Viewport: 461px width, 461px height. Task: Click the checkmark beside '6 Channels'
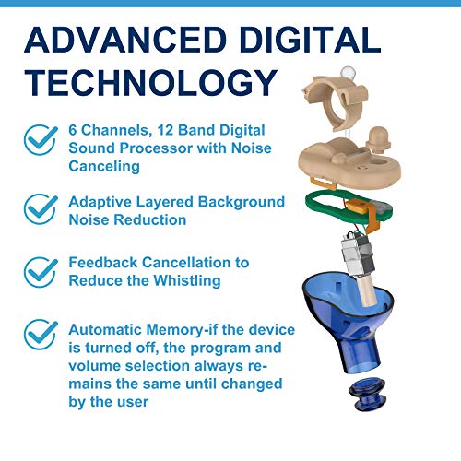40,140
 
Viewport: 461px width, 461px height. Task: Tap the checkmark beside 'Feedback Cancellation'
40,271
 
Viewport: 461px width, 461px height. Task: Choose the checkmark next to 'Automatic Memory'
40,335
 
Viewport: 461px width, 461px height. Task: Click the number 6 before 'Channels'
73,132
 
